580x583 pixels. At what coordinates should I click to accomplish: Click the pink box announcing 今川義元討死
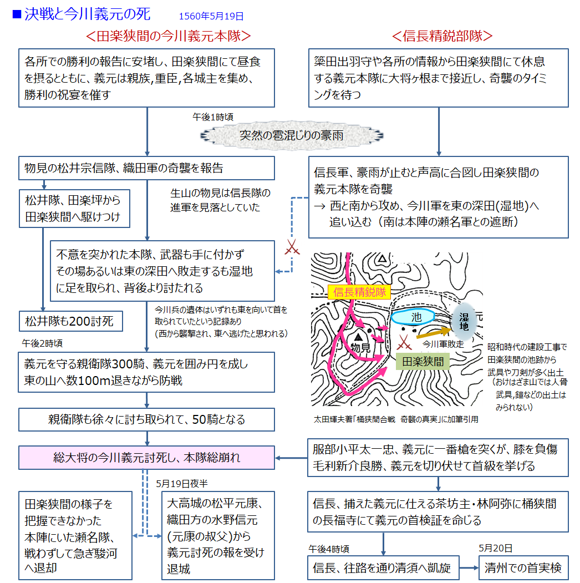pos(147,458)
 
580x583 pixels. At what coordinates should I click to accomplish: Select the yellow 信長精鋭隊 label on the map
pos(359,292)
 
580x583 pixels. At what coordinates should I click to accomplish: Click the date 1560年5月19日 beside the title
pos(211,17)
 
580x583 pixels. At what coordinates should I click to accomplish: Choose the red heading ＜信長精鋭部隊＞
pos(442,36)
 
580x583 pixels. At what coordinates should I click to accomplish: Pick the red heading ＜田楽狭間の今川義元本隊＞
pos(169,36)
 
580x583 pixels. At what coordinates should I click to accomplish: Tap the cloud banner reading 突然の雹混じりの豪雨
pos(291,135)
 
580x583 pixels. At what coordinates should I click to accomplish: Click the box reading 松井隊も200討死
pos(70,321)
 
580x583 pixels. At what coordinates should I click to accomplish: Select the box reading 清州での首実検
pos(523,567)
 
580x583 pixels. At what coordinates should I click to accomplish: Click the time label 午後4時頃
pos(329,549)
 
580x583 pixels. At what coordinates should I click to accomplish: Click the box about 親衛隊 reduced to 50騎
pos(147,419)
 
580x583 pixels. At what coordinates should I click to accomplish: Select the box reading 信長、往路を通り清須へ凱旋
pos(383,567)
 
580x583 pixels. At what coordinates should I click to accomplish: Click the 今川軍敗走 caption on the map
pos(443,344)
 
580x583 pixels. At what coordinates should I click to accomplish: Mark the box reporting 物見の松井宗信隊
pos(147,168)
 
